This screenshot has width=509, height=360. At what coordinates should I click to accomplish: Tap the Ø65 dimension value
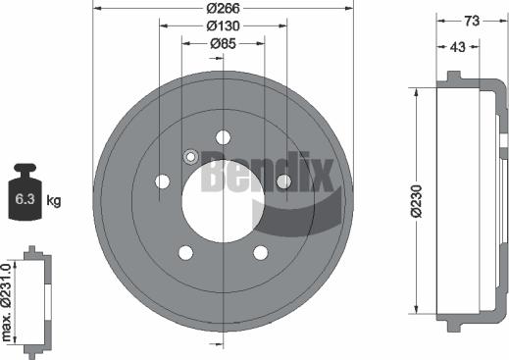click(x=224, y=43)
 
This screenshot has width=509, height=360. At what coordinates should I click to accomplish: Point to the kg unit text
click(x=55, y=201)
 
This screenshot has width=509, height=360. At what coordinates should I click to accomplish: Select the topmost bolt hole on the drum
click(x=224, y=136)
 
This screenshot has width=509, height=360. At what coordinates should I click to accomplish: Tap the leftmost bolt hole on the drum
click(x=162, y=181)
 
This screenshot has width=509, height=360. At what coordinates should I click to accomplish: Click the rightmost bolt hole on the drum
click(x=283, y=181)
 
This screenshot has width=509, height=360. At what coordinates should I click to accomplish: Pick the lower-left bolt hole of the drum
click(x=186, y=253)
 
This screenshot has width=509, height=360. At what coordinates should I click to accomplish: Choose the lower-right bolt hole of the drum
click(x=261, y=253)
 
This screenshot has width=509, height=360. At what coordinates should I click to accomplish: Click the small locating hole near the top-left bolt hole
click(x=191, y=155)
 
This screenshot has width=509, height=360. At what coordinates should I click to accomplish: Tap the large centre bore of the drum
click(x=224, y=202)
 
